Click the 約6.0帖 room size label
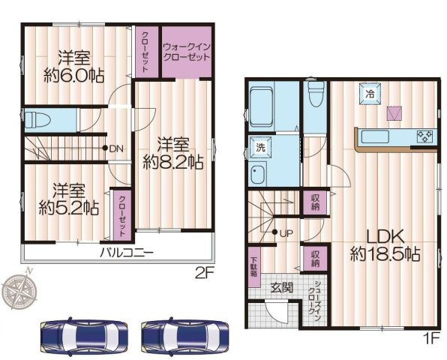[x=73, y=76]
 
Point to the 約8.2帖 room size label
[x=173, y=162]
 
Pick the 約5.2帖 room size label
[x=69, y=208]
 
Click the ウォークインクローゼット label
[x=187, y=52]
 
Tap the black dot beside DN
[x=105, y=148]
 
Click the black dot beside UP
[x=274, y=232]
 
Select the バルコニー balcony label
[x=127, y=253]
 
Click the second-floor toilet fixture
[x=37, y=120]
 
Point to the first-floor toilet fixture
[x=316, y=94]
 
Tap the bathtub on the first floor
[x=262, y=106]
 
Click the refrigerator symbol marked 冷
[x=370, y=94]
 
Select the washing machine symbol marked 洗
[x=260, y=147]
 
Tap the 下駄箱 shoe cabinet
[x=254, y=267]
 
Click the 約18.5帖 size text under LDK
[x=385, y=253]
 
